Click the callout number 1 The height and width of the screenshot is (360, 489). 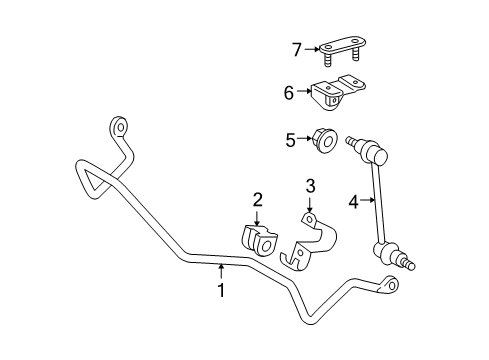tap(222, 291)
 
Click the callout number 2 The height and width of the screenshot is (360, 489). tap(257, 200)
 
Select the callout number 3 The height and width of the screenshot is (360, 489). tap(310, 186)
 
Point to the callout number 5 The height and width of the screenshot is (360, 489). tap(291, 141)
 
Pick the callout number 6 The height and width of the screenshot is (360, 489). tap(289, 93)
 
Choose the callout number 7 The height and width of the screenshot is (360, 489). tap(296, 48)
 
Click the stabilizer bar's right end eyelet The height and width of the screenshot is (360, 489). tap(390, 287)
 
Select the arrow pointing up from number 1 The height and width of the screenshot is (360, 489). tap(222, 272)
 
